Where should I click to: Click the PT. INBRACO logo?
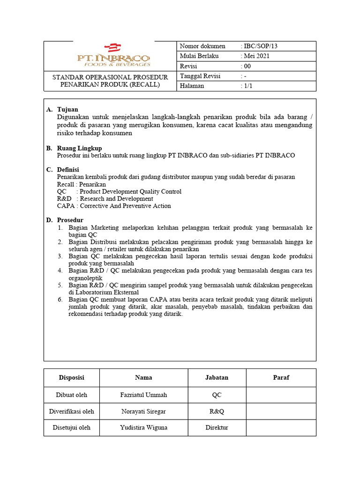pos(113,55)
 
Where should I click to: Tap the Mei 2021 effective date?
pos(256,56)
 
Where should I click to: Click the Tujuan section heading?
pos(67,109)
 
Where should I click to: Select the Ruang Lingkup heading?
pos(79,148)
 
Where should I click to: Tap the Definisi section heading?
pos(68,169)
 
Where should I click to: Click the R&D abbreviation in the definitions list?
pos(64,199)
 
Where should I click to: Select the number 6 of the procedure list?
pos(60,300)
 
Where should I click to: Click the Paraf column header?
pos(281,377)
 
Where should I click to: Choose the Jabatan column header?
pos(217,377)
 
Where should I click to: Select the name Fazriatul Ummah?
pos(143,395)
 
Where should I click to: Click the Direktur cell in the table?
pos(217,427)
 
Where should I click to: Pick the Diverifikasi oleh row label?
pos(72,411)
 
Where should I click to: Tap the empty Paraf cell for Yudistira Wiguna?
pos(281,427)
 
